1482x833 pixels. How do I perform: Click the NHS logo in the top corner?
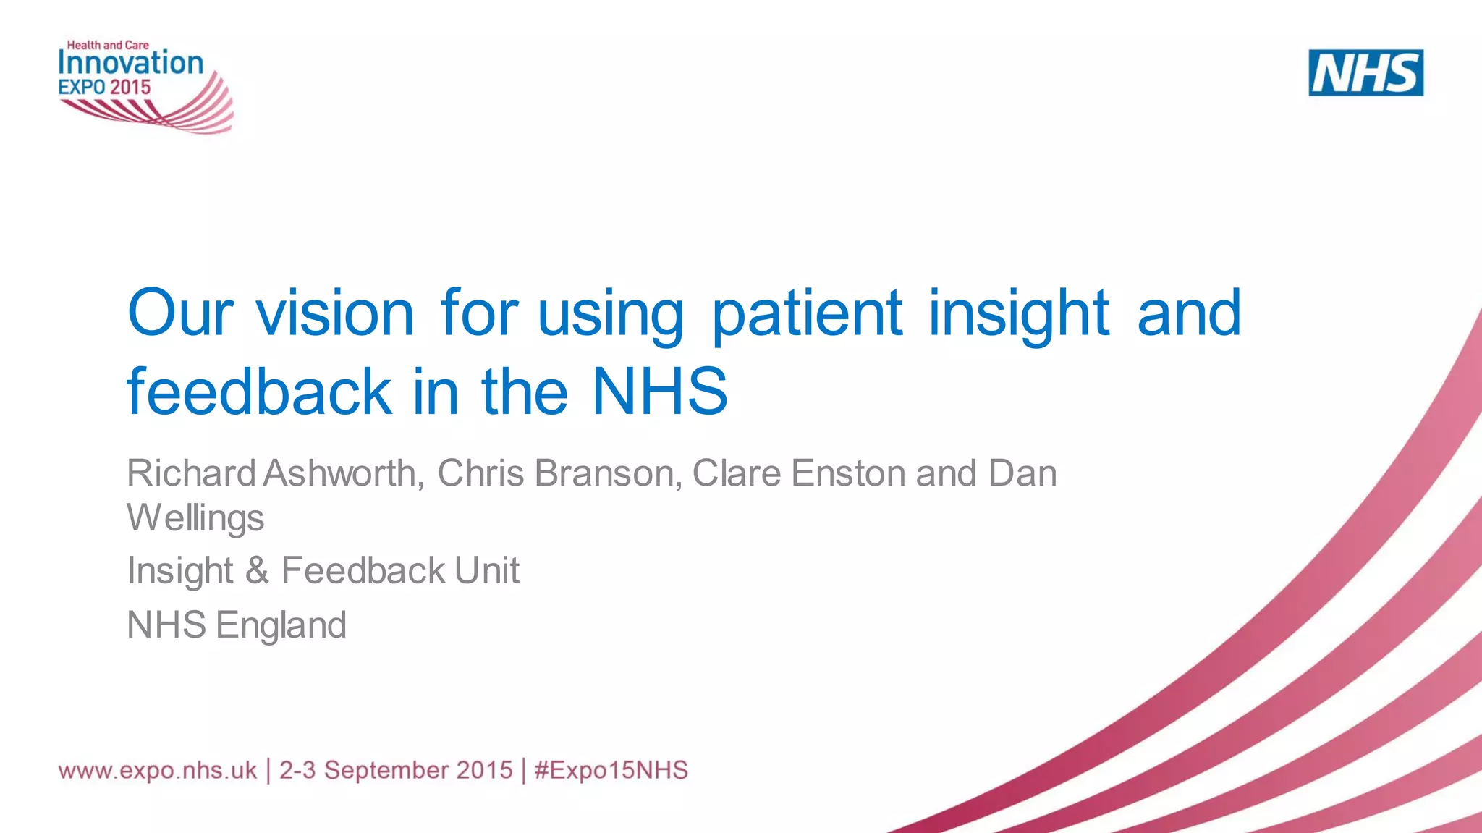point(1365,72)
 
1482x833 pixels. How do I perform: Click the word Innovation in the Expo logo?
point(130,63)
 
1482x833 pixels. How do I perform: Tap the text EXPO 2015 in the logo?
point(104,88)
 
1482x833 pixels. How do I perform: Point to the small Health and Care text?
point(108,45)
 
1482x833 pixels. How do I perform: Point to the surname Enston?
point(848,473)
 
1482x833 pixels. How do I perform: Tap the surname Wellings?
point(195,518)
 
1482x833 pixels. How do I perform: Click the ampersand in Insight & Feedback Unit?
point(257,570)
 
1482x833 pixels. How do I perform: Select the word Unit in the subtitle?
point(486,570)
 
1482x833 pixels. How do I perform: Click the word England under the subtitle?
point(281,625)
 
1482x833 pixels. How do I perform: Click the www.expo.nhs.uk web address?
point(157,770)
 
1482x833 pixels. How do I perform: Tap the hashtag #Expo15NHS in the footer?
point(611,770)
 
